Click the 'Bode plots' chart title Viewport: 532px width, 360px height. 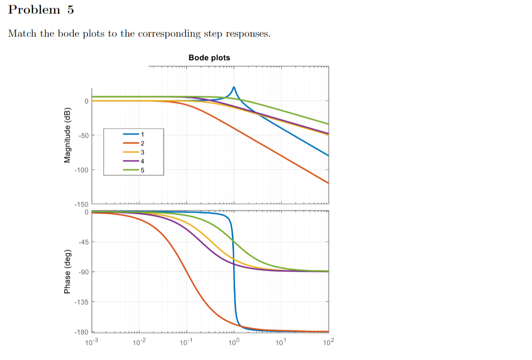(x=209, y=58)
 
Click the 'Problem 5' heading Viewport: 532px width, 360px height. (x=41, y=10)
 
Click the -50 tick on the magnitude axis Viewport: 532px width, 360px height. (x=83, y=135)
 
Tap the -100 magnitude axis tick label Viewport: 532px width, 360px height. (x=82, y=170)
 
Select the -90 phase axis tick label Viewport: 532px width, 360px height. (x=83, y=272)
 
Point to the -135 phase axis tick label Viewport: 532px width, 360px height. (x=82, y=302)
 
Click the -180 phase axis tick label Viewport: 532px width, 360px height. (x=82, y=333)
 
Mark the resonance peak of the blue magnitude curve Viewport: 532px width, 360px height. (x=234, y=87)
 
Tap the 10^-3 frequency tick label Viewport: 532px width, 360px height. (x=92, y=342)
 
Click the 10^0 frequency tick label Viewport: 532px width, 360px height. (x=234, y=342)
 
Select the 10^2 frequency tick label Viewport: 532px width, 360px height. (x=328, y=342)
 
